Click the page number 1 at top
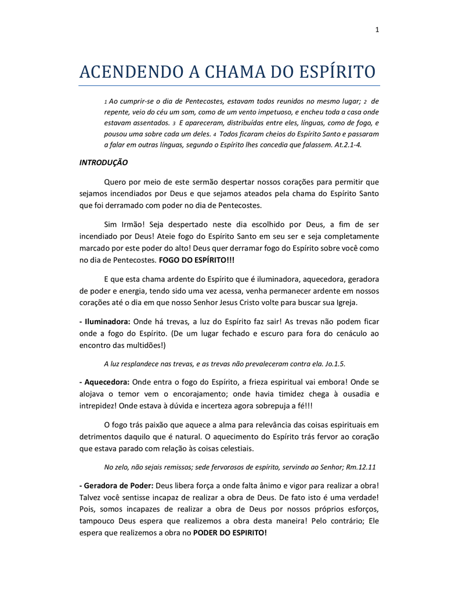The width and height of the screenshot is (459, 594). coord(377,31)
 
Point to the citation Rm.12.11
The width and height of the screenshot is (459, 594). coord(363,466)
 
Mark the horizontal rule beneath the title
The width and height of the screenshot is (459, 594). coord(229,86)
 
